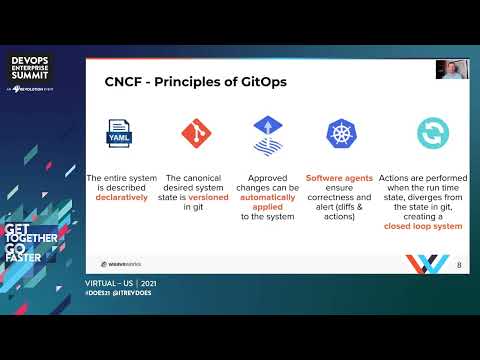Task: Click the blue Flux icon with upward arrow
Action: coord(268,133)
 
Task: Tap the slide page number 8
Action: coord(458,265)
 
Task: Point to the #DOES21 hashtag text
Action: coord(100,294)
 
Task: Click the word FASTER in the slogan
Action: coord(27,256)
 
